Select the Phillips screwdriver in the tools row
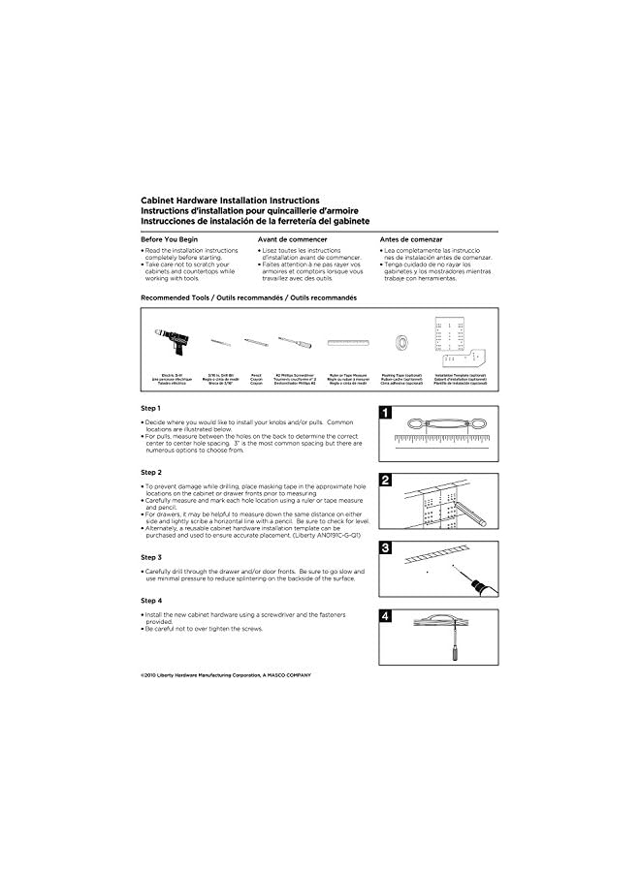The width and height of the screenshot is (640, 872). pyautogui.click(x=295, y=343)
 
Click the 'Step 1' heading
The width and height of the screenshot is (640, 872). pyautogui.click(x=151, y=408)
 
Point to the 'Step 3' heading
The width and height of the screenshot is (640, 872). pyautogui.click(x=151, y=558)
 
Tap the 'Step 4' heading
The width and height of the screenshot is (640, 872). pyautogui.click(x=151, y=601)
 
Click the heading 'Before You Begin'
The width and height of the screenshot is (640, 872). pyautogui.click(x=170, y=239)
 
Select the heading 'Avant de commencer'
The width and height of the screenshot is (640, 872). pyautogui.click(x=292, y=239)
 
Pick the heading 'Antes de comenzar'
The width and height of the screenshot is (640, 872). pyautogui.click(x=411, y=239)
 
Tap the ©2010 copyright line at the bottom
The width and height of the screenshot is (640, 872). pyautogui.click(x=226, y=674)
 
